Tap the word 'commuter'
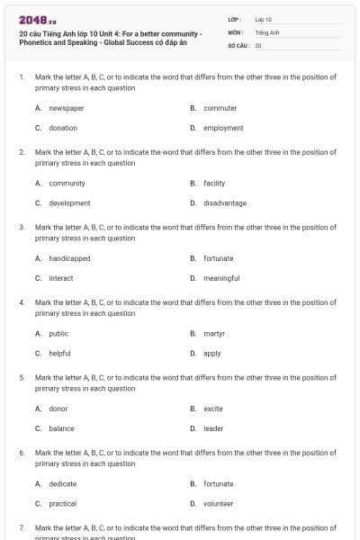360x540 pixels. click(220, 108)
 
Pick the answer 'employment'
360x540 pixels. click(223, 128)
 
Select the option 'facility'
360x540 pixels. click(214, 183)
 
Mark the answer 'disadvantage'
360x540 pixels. click(225, 202)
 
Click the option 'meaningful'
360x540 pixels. click(221, 278)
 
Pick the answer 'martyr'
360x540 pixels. click(214, 333)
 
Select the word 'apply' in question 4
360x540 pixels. click(212, 353)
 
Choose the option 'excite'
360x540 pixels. click(213, 409)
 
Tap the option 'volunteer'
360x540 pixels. click(219, 503)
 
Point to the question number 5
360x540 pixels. click(22, 378)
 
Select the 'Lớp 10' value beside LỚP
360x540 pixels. click(264, 19)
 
